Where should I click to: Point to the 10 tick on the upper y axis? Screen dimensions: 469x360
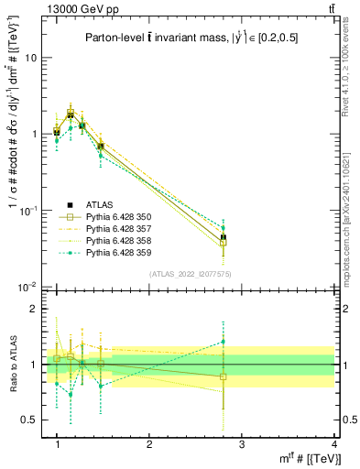31,58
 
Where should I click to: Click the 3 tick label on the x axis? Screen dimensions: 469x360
242,443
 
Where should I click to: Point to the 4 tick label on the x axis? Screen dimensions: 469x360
334,443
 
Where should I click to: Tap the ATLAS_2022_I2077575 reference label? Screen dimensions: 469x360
190,274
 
